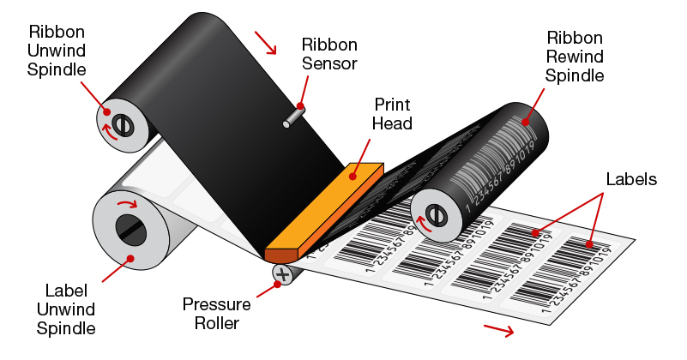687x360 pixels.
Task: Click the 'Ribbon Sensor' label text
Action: coord(329,54)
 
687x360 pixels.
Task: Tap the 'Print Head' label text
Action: coord(392,113)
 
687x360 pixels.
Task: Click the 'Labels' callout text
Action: coord(630,180)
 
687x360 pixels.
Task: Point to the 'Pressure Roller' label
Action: coord(217,313)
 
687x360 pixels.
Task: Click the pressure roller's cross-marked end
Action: coord(282,274)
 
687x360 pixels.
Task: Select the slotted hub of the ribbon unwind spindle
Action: coord(121,125)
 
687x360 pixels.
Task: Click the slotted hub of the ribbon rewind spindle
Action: coord(435,215)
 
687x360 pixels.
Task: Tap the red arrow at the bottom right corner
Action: coord(499,330)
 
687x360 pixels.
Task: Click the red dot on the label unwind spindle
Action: coord(130,257)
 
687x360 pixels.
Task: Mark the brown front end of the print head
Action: coord(280,255)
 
